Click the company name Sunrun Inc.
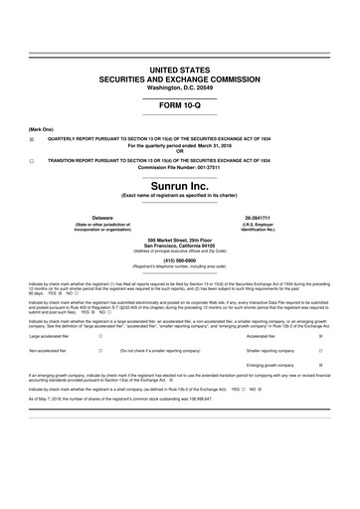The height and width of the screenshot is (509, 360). (180, 185)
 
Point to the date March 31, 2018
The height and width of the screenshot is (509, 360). (216, 146)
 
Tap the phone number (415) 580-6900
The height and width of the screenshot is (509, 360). (180, 262)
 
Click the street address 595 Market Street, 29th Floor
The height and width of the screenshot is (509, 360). (180, 240)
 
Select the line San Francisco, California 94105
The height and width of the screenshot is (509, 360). (180, 246)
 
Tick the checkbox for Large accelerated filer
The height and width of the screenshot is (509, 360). (100, 337)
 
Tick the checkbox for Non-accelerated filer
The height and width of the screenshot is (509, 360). (100, 352)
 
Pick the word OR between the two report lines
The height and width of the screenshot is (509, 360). (180, 152)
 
